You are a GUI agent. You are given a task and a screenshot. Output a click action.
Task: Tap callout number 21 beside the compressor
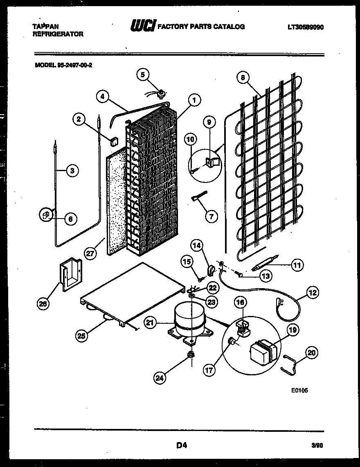[x=151, y=323]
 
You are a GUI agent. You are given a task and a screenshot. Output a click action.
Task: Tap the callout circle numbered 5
[x=143, y=74]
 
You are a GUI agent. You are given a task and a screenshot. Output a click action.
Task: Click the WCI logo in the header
[x=142, y=27]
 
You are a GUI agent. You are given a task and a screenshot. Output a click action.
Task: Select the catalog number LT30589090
[x=306, y=27]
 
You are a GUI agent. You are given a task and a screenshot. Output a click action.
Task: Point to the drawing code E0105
[x=299, y=390]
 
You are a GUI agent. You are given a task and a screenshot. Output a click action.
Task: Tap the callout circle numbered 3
[x=72, y=171]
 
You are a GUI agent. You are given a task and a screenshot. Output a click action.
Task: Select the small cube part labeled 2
[x=113, y=141]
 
